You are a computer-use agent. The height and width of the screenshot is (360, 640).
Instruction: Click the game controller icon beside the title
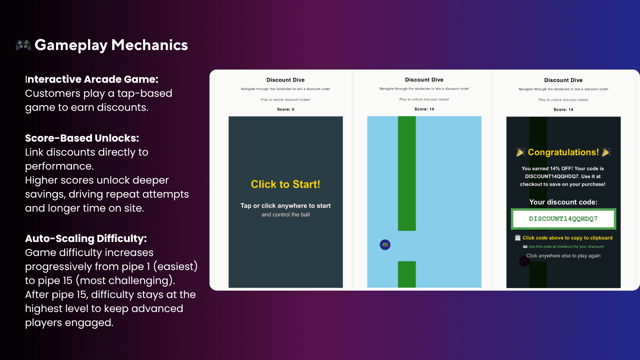[x=24, y=45]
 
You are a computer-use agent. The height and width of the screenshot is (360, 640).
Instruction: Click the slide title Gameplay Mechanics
[x=111, y=46]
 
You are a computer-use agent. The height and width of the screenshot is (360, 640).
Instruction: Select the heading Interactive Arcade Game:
[x=92, y=79]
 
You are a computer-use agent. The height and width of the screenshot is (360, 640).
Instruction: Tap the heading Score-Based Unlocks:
[x=82, y=138]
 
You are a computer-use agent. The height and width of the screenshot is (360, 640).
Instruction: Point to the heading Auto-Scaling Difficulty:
[x=86, y=238]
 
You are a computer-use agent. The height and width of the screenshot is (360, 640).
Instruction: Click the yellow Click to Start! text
[x=286, y=184]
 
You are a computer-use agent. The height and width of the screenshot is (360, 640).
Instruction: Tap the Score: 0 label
[x=286, y=110]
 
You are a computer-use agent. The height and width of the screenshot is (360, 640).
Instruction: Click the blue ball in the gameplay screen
[x=385, y=244]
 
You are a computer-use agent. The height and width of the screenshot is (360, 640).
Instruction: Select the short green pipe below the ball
[x=406, y=274]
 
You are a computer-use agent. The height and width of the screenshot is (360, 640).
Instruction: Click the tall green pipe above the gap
[x=406, y=174]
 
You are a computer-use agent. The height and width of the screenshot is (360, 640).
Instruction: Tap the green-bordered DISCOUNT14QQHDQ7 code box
[x=564, y=219]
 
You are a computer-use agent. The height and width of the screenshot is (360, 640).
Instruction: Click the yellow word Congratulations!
[x=563, y=152]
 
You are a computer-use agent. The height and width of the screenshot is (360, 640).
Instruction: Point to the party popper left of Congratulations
[x=520, y=152]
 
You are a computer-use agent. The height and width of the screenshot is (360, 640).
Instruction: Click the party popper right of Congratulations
[x=606, y=152]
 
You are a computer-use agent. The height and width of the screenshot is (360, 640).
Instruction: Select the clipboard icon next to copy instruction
[x=518, y=238]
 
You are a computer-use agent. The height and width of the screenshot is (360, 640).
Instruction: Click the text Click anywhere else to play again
[x=564, y=256]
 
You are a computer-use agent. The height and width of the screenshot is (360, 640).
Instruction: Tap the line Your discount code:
[x=564, y=202]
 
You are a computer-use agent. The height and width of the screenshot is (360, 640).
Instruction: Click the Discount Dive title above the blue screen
[x=424, y=80]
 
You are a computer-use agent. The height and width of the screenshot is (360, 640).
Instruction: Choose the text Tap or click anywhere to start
[x=286, y=206]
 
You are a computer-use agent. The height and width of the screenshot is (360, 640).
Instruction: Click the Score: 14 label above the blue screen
[x=424, y=109]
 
